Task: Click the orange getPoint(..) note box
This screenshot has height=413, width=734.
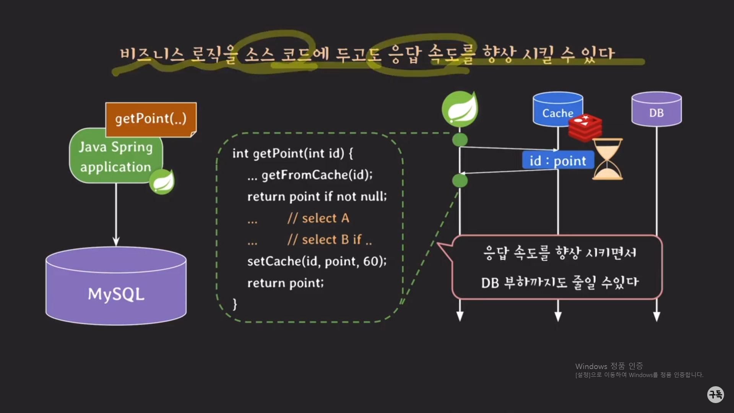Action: (x=151, y=119)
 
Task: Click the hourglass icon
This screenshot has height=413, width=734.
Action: (x=607, y=159)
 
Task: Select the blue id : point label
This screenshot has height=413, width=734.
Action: (x=558, y=161)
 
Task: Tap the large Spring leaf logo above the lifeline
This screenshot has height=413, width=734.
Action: (x=460, y=109)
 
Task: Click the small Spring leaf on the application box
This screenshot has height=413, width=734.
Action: (x=162, y=181)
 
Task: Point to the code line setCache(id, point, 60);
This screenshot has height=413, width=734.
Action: (x=317, y=261)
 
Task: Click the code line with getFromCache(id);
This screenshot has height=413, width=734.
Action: (x=317, y=175)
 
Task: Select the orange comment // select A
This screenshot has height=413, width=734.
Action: (x=318, y=218)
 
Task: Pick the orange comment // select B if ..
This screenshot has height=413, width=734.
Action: (x=329, y=240)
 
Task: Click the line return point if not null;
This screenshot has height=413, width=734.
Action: (x=317, y=197)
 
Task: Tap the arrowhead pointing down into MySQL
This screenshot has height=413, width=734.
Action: (x=116, y=242)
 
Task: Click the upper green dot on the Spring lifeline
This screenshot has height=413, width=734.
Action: (x=460, y=140)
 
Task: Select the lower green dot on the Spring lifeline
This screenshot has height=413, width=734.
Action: (x=460, y=180)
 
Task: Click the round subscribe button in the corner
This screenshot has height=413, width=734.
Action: (x=715, y=394)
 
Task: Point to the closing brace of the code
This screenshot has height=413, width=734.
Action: (x=235, y=304)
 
